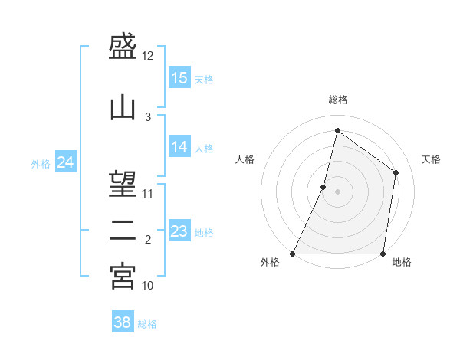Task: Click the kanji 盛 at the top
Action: pos(123,49)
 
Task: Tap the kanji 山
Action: pos(123,106)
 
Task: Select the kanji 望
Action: pos(123,184)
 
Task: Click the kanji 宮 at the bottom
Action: pos(123,276)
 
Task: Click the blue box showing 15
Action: pos(179,78)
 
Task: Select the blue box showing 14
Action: pos(179,147)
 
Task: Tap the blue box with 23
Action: pos(179,231)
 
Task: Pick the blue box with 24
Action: pos(66,162)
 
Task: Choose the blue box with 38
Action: pos(123,322)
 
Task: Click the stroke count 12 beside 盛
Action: pos(148,56)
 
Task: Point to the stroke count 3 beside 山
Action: pos(148,117)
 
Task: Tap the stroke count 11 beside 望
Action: pos(148,193)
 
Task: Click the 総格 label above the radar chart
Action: pos(338,100)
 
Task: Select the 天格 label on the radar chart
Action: pos(431,159)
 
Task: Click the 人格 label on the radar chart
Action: pos(245,159)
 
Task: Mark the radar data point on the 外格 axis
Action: pos(293,254)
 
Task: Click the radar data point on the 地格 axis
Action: pos(383,254)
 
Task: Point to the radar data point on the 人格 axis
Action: pos(324,187)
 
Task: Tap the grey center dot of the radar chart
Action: pos(338,191)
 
